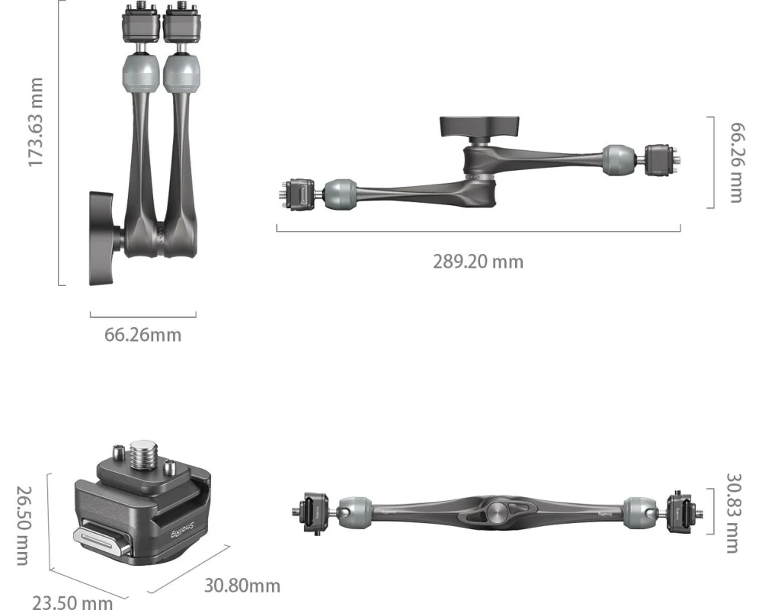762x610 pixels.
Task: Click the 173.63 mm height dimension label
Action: click(x=36, y=122)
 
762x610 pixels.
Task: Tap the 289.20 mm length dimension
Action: click(x=479, y=262)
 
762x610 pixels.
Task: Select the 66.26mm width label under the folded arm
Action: click(x=143, y=335)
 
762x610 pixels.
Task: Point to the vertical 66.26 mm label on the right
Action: click(x=736, y=162)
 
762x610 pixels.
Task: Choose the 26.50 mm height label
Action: click(x=24, y=525)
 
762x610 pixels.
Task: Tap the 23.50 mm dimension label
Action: click(x=72, y=602)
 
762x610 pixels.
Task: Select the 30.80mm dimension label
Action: click(x=242, y=585)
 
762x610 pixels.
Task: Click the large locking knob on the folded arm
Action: click(x=103, y=238)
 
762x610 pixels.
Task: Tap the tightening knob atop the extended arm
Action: click(x=479, y=127)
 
